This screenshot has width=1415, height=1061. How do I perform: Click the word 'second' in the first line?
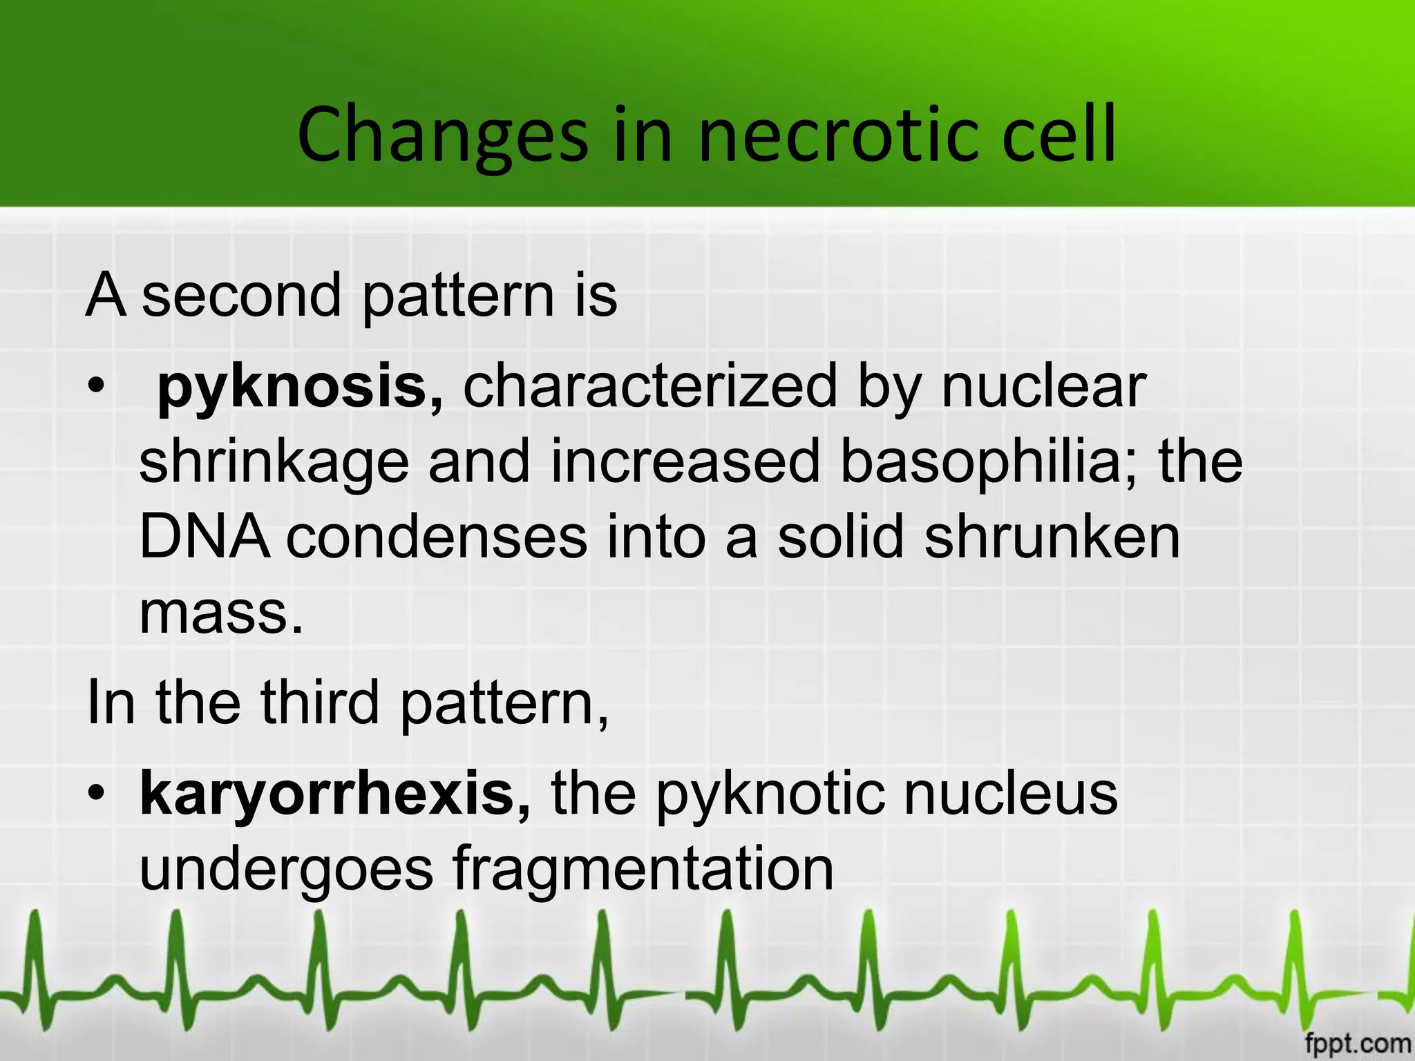241,296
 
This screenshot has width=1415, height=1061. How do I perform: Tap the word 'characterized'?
650,387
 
